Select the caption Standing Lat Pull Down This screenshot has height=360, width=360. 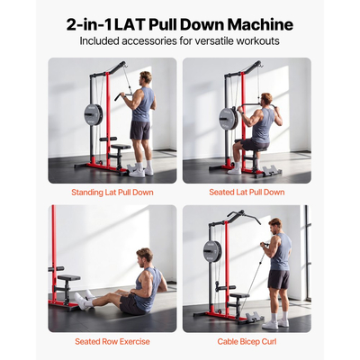tap(112, 192)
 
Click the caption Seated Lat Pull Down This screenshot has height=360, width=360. tap(247, 192)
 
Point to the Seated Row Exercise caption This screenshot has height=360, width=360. tap(112, 341)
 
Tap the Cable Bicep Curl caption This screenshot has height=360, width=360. tap(247, 341)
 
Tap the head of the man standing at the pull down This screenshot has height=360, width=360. tap(144, 79)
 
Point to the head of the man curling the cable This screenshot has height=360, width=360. tap(275, 223)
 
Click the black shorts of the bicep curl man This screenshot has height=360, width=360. tap(278, 280)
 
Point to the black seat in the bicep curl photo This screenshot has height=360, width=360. tap(238, 294)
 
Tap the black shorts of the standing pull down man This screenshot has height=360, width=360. tap(139, 130)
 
